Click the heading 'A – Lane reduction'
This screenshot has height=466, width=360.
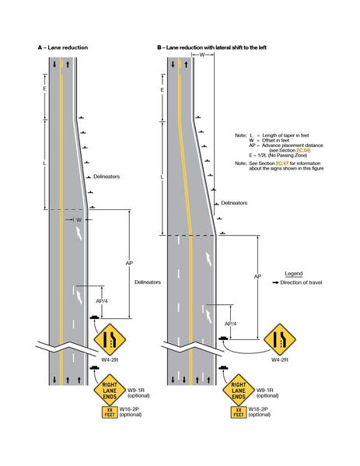tap(63, 48)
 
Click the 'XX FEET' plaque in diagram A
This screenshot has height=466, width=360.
tap(108, 412)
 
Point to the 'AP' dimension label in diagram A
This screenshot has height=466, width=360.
tap(129, 263)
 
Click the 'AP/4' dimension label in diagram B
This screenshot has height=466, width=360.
tap(229, 323)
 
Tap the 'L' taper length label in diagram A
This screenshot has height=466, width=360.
tap(44, 163)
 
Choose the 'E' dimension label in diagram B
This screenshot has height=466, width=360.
tap(160, 91)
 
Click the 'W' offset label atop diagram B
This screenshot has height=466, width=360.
tap(201, 55)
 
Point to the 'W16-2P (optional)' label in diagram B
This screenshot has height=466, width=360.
tap(269, 412)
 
